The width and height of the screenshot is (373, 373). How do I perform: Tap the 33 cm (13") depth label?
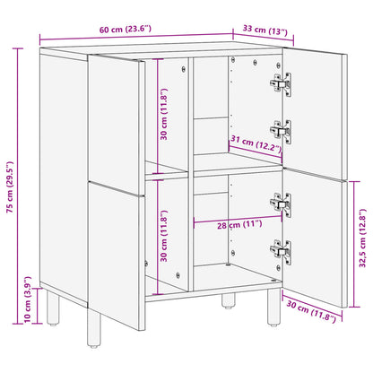click(265, 32)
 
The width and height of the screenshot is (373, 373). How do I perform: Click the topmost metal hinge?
click(280, 83)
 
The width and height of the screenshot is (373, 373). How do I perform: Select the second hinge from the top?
click(280, 131)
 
